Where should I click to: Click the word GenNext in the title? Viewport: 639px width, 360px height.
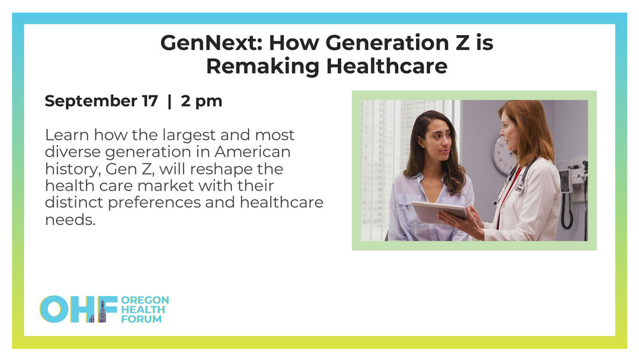pyautogui.click(x=212, y=43)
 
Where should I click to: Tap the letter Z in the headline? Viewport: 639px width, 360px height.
pyautogui.click(x=462, y=43)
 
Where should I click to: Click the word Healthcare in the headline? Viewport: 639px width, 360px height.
pyautogui.click(x=387, y=66)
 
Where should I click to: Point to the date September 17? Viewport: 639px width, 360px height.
pyautogui.click(x=101, y=101)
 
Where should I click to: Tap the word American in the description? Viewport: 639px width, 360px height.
pyautogui.click(x=252, y=152)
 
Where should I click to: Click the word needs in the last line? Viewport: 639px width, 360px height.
pyautogui.click(x=70, y=220)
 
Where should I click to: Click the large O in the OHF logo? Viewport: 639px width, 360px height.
pyautogui.click(x=54, y=309)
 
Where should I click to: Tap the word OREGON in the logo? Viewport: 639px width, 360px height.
pyautogui.click(x=145, y=300)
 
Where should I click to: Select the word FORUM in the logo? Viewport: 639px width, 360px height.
pyautogui.click(x=141, y=319)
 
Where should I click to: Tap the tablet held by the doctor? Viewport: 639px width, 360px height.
pyautogui.click(x=439, y=212)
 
